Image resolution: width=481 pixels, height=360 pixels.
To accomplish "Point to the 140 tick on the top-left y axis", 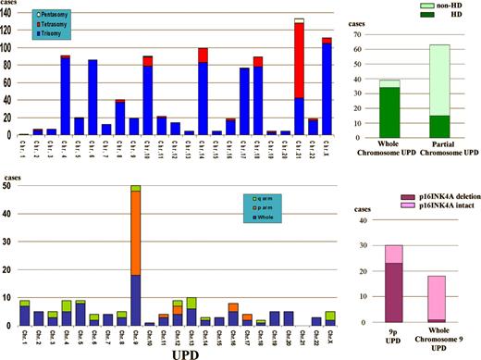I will (10, 12).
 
